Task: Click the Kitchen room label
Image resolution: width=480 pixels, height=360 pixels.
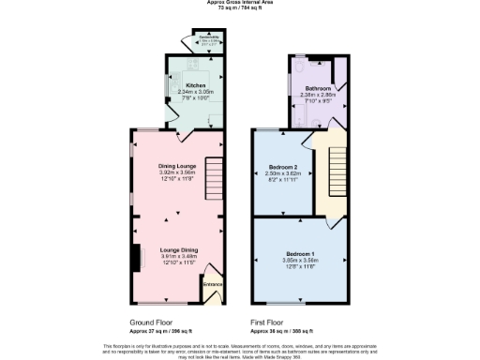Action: pos(195,85)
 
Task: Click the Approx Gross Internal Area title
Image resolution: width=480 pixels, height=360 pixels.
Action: pos(240,4)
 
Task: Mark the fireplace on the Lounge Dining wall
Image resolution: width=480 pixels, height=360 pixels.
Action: pos(135,255)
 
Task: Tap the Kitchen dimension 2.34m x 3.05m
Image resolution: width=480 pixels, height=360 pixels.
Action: pos(195,91)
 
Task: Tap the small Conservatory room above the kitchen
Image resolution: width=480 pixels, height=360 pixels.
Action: pos(209,40)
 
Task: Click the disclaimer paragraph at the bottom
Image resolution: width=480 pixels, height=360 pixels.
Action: pos(240,349)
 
